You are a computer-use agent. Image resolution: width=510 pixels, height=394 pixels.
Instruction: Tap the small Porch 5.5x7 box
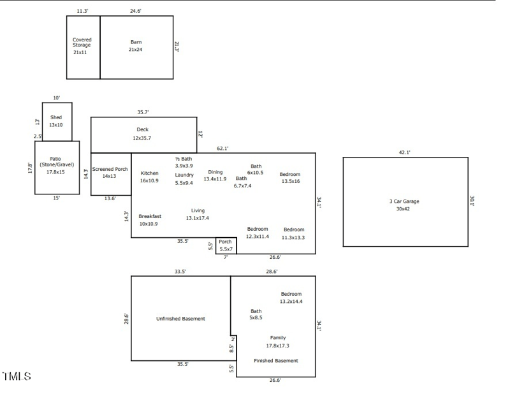pyautogui.click(x=226, y=245)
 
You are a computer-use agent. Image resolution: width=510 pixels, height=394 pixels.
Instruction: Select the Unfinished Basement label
pyautogui.click(x=180, y=319)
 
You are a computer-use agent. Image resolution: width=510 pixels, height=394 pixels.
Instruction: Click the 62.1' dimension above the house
pyautogui.click(x=222, y=149)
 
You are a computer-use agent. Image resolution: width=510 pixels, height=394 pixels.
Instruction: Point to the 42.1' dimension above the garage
pyautogui.click(x=404, y=152)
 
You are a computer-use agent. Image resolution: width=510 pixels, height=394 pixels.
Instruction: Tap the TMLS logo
pyautogui.click(x=17, y=377)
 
